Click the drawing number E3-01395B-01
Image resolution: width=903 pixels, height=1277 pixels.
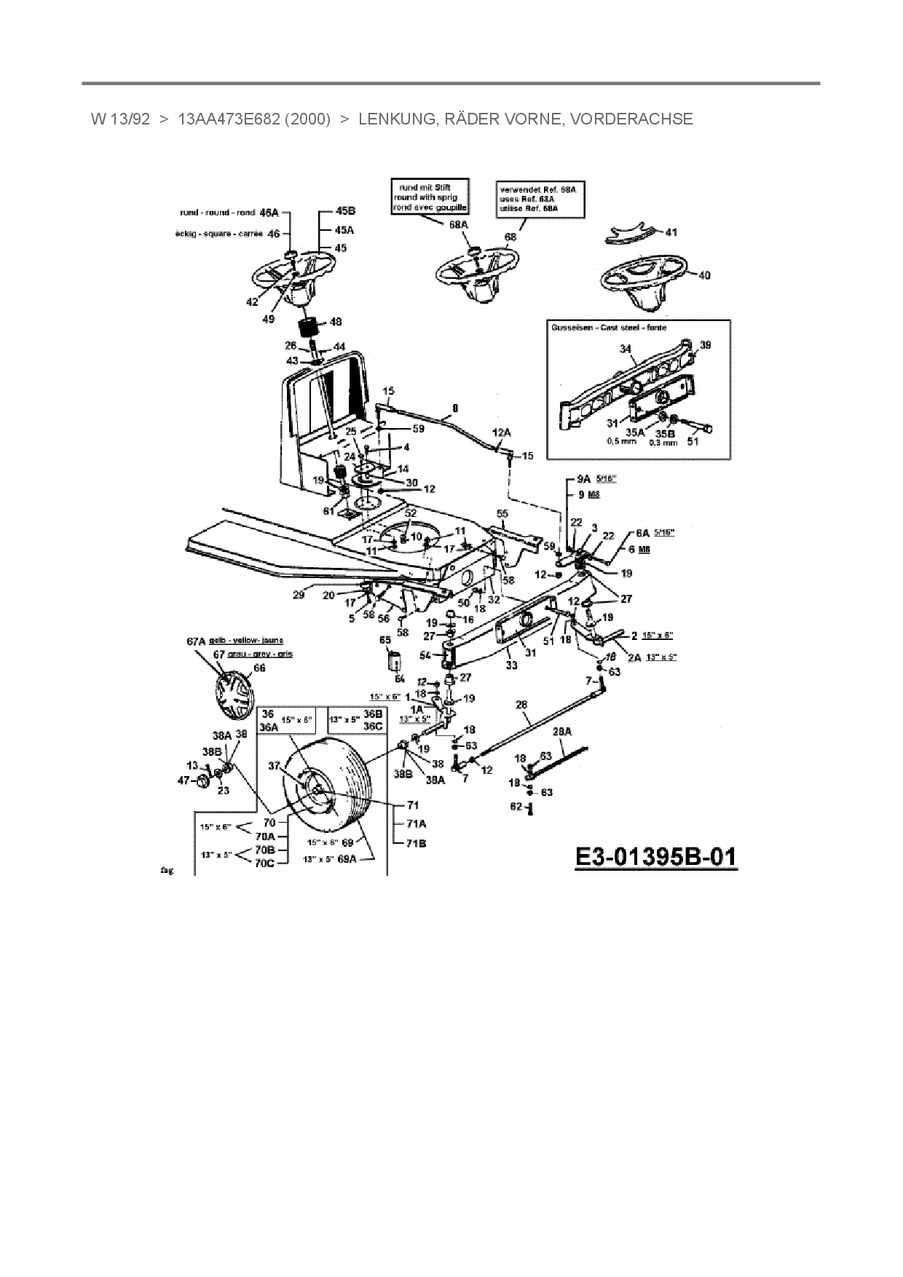pos(656,857)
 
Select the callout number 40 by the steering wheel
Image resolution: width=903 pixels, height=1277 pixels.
pos(704,275)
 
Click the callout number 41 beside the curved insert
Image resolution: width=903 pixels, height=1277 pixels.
pos(671,232)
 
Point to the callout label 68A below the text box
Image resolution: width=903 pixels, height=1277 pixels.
pos(458,225)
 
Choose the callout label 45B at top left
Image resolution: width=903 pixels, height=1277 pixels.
pos(344,211)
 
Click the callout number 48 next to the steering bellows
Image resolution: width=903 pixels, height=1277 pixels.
pos(335,322)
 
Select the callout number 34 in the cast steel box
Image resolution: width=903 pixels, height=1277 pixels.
pos(626,349)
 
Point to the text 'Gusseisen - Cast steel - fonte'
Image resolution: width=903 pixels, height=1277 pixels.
pos(609,328)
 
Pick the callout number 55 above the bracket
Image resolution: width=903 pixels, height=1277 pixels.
pos(502,514)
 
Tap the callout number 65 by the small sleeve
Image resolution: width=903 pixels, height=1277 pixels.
pos(385,639)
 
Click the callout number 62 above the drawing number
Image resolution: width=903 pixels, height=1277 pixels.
pos(516,806)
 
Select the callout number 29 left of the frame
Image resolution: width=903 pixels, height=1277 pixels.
pos(299,596)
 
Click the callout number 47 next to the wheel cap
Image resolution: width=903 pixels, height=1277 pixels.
pos(184,780)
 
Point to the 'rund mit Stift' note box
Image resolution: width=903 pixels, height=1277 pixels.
pos(430,197)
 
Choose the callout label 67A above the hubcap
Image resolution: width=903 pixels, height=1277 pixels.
pos(197,641)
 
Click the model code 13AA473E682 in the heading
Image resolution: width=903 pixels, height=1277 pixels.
pos(229,119)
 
